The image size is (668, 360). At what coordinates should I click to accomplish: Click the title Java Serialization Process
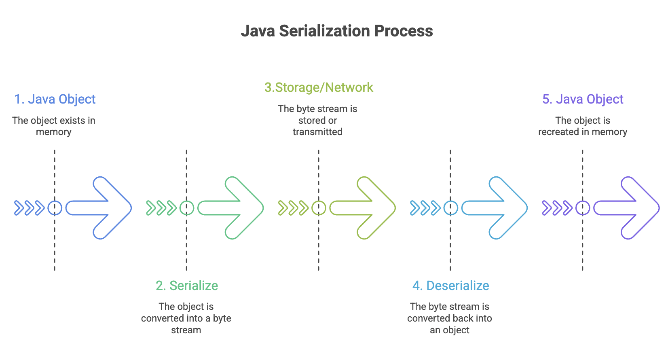pyautogui.click(x=337, y=31)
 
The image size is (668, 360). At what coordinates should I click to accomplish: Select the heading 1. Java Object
pyautogui.click(x=55, y=100)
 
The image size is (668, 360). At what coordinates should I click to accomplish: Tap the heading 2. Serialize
pyautogui.click(x=187, y=286)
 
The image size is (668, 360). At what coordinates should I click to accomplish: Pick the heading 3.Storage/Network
pyautogui.click(x=319, y=87)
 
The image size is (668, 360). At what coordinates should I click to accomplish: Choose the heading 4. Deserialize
pyautogui.click(x=450, y=286)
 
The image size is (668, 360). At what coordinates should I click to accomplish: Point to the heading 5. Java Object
pyautogui.click(x=583, y=100)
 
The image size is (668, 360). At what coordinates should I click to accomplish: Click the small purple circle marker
pyautogui.click(x=583, y=201)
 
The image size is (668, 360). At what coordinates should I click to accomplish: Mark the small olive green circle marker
pyautogui.click(x=319, y=201)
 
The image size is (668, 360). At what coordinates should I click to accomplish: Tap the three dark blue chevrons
pyautogui.click(x=30, y=208)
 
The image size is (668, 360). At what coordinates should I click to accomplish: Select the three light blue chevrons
pyautogui.click(x=425, y=208)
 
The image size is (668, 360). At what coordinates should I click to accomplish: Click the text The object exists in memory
pyautogui.click(x=54, y=126)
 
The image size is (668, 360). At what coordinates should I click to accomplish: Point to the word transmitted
pyautogui.click(x=317, y=132)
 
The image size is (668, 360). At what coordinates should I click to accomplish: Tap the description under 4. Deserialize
pyautogui.click(x=450, y=318)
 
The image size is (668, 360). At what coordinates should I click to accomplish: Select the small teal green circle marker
pyautogui.click(x=187, y=201)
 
